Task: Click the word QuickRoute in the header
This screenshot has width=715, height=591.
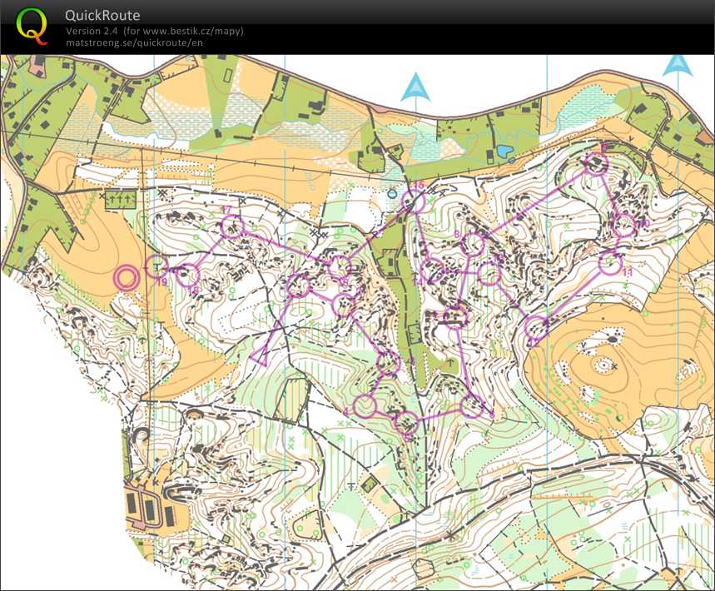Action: [x=102, y=16]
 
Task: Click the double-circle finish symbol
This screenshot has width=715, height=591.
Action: [x=127, y=278]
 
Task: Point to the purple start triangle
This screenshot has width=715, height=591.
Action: [x=261, y=356]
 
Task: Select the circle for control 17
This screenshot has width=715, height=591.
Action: [x=234, y=226]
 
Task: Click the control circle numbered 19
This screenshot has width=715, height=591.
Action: [x=156, y=266]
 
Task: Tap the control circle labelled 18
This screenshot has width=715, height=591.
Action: [x=190, y=275]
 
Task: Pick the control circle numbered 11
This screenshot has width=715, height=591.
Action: [x=611, y=264]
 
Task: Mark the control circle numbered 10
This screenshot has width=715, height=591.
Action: [x=624, y=225]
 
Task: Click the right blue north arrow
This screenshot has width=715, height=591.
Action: [x=678, y=66]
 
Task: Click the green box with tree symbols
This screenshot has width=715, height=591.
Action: [x=121, y=200]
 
